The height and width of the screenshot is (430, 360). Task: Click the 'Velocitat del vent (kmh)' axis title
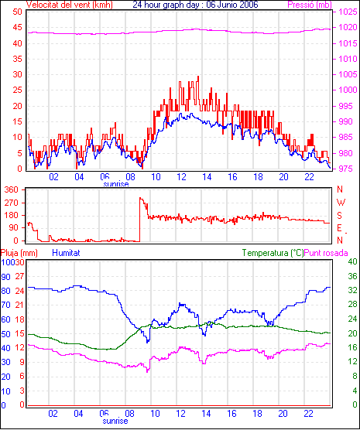point(69,5)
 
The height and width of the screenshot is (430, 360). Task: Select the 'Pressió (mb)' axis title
point(310,5)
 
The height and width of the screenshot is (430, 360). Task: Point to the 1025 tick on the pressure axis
point(348,12)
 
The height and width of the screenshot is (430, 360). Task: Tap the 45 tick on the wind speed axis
point(17,27)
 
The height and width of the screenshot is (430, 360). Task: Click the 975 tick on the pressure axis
point(348,169)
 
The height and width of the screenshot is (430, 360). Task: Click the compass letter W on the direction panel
point(341,203)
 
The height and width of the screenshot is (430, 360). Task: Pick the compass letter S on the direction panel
point(340,216)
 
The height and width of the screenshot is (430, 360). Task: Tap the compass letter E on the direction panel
point(339,228)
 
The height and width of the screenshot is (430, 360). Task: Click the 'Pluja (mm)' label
point(19,253)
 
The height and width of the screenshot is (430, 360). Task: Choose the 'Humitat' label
point(66,253)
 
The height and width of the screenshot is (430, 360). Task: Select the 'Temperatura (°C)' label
point(273,253)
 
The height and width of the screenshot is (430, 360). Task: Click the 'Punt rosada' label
point(326,253)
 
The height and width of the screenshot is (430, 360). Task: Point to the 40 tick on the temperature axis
point(352,261)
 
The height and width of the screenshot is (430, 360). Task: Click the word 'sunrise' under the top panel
point(116,184)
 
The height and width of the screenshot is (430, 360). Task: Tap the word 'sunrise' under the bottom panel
point(115,421)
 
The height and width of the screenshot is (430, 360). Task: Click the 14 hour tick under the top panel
point(207,177)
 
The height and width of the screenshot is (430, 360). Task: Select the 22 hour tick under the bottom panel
point(309,413)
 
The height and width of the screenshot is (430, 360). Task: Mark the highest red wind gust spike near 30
point(198,77)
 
